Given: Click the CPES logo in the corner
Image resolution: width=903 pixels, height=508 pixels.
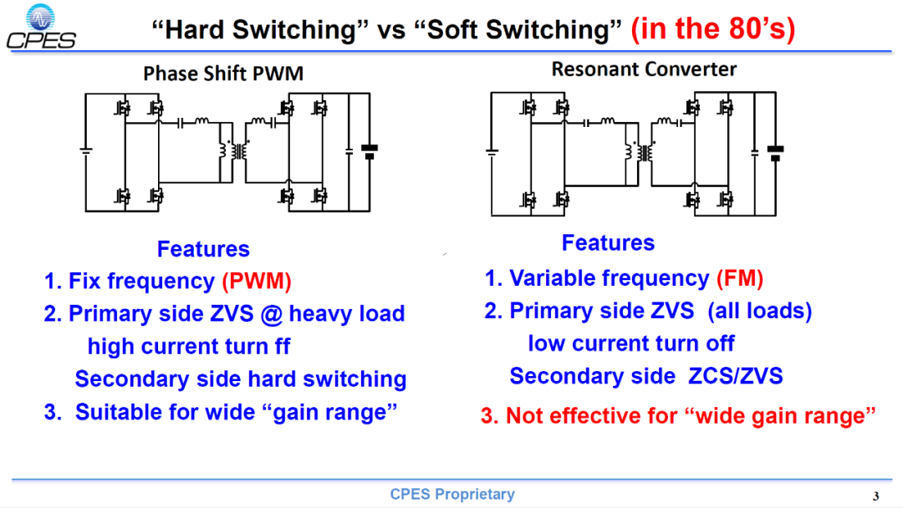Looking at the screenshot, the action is (x=41, y=27).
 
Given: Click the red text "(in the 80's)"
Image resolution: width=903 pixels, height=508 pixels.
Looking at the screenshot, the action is (x=713, y=28).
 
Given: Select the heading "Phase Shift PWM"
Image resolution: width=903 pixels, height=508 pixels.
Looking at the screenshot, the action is (x=223, y=74).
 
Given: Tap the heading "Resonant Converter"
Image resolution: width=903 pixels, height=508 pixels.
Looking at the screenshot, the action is (x=644, y=69).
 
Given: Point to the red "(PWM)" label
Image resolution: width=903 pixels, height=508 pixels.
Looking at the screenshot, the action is (x=257, y=281).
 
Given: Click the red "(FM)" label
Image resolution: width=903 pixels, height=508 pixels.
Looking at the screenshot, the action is (x=740, y=278).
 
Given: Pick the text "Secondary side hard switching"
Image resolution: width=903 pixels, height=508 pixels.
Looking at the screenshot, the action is (x=241, y=378).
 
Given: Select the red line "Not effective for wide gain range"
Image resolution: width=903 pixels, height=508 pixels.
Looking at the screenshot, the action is (x=678, y=415).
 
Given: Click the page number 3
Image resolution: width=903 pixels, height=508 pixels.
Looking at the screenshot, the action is (x=876, y=496).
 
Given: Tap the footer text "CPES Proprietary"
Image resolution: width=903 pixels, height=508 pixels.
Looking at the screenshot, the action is (x=452, y=494).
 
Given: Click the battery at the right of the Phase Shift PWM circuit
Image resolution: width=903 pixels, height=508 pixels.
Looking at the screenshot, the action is (x=370, y=151).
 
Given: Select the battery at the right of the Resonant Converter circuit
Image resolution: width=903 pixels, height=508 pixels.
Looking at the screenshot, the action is (x=775, y=153).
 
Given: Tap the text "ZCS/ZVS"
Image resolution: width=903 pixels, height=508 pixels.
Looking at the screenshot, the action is (x=736, y=376).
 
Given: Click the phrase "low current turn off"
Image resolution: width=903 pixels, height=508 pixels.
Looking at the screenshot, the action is (x=631, y=343).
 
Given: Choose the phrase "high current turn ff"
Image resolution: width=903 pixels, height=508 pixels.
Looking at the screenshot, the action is (x=189, y=347).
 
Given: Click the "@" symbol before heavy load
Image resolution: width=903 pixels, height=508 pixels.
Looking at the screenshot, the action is (x=271, y=314).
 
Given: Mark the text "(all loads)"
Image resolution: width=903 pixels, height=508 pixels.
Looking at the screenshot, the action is (x=759, y=311).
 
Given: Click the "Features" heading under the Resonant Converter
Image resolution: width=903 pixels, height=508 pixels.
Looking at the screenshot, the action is (x=608, y=243).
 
